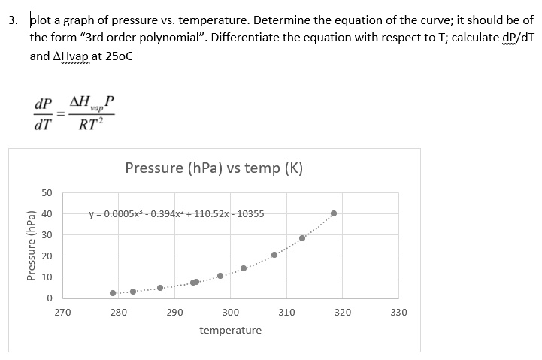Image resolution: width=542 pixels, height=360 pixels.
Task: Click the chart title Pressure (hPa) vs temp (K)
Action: (214, 168)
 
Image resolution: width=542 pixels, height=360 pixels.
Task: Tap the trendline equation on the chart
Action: (177, 213)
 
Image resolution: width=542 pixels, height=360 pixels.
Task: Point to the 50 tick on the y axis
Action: (47, 193)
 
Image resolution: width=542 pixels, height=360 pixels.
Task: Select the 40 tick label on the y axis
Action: (47, 214)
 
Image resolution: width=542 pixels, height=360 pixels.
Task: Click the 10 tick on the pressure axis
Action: (47, 277)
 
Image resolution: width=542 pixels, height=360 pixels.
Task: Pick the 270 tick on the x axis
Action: (63, 312)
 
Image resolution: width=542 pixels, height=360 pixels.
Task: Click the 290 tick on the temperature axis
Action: (174, 312)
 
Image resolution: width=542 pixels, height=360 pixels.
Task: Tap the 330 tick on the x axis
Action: (398, 312)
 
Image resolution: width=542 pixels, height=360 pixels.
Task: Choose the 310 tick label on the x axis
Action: (286, 312)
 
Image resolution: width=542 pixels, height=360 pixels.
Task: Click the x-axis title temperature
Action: (231, 330)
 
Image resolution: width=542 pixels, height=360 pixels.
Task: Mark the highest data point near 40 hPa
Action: (334, 213)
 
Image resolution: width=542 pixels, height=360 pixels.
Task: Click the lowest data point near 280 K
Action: (113, 293)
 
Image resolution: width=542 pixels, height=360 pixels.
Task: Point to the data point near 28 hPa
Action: (302, 238)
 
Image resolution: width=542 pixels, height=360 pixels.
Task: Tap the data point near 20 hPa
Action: (274, 255)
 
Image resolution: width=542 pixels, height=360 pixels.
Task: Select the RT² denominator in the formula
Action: (91, 125)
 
